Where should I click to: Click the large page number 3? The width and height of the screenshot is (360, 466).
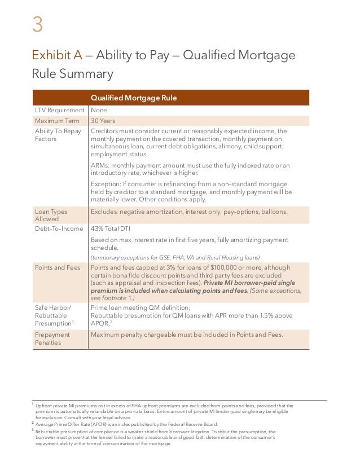click(x=37, y=25)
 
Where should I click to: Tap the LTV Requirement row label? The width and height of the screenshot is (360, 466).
click(x=59, y=111)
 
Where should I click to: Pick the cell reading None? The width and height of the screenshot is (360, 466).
click(x=99, y=111)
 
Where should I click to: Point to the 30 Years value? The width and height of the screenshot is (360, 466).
click(x=103, y=121)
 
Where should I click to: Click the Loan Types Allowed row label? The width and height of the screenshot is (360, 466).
click(x=51, y=216)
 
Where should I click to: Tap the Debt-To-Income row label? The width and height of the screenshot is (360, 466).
click(x=59, y=229)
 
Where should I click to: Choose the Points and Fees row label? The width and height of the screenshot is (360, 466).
click(x=58, y=267)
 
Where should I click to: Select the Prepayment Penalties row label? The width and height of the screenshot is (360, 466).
click(x=52, y=338)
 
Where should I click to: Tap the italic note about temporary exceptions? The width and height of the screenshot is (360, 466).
click(x=172, y=257)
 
